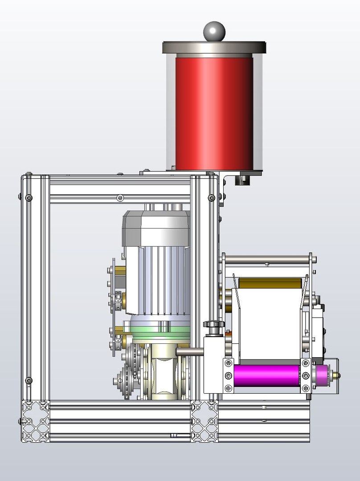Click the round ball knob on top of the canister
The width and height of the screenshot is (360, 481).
click(214, 31)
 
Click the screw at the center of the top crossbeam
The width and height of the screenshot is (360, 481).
click(119, 197)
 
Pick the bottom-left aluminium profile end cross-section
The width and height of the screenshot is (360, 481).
click(35, 421)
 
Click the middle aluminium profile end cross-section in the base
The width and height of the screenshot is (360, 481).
click(204, 421)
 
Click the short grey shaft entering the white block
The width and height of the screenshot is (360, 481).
click(190, 352)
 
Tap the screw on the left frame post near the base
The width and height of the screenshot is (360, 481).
click(29, 380)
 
